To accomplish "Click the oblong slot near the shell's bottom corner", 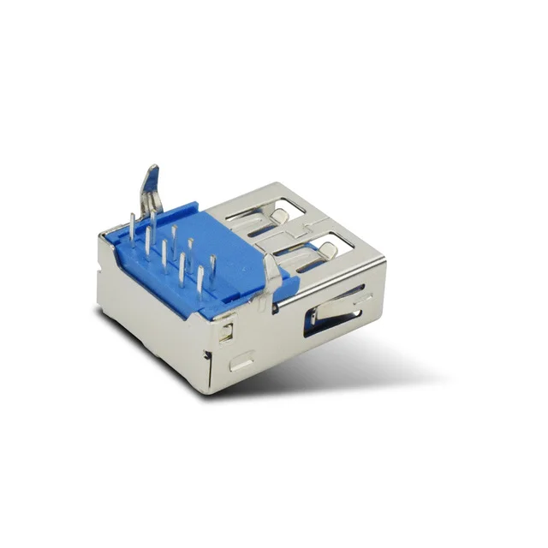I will pyautogui.click(x=241, y=362).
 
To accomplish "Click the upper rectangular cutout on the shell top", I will pyautogui.click(x=274, y=218).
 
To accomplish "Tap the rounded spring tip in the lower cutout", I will pyautogui.click(x=327, y=250).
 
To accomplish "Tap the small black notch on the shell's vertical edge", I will pyautogui.click(x=207, y=351).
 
